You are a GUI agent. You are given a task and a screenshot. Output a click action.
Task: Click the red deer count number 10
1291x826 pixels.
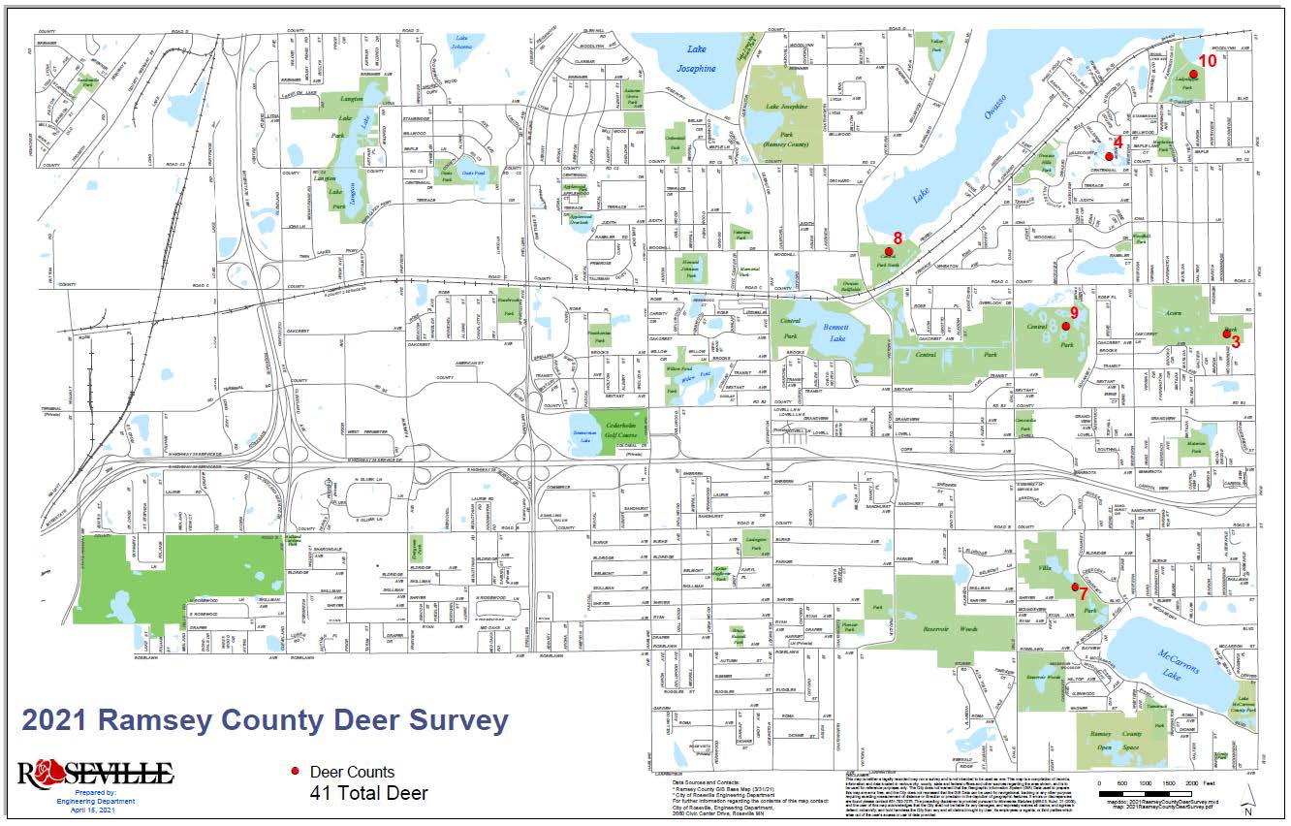point(1207,60)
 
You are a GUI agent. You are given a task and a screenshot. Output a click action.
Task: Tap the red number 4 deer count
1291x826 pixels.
point(1118,142)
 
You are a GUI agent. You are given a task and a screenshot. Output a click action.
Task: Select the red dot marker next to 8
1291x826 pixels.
point(889,252)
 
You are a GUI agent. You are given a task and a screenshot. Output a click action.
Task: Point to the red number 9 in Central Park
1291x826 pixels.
point(1074,312)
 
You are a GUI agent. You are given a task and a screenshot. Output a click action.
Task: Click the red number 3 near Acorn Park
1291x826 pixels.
point(1235,341)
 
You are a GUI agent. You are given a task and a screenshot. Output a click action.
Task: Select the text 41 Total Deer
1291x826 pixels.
point(368,793)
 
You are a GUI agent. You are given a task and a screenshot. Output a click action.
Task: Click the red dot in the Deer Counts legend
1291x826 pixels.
point(295,772)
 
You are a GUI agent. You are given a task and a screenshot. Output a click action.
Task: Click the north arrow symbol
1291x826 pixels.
point(1249,801)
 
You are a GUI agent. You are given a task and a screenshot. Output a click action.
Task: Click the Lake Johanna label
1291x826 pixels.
point(467,41)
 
